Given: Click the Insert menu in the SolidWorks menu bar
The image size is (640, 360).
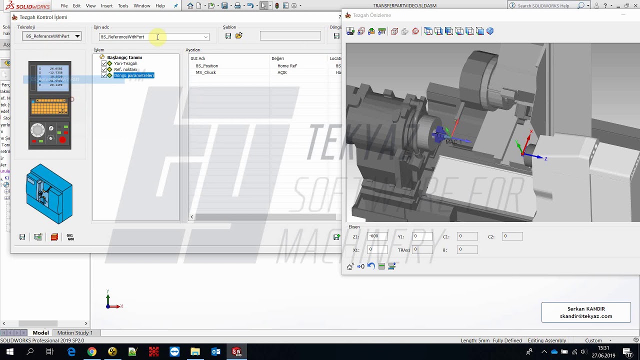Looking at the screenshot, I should (x=106, y=6).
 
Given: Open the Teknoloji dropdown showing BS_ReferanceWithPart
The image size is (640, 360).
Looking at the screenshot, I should (x=51, y=36).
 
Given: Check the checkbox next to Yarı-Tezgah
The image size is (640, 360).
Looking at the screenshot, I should (x=104, y=63).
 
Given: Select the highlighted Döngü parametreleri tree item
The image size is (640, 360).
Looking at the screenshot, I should (x=133, y=75).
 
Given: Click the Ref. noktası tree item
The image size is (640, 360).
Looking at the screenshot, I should (x=125, y=69).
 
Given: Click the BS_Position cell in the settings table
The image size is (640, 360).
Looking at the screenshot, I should (x=207, y=66).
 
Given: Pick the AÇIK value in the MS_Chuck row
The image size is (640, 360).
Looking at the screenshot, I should (x=282, y=72).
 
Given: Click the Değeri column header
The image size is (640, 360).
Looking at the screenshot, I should (x=278, y=58).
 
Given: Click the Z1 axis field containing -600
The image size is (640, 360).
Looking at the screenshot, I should (x=377, y=236).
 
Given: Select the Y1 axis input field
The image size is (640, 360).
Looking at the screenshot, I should (x=422, y=236).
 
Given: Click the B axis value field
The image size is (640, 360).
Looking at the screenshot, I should (x=467, y=249).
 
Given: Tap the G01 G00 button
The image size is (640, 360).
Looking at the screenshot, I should (x=70, y=237).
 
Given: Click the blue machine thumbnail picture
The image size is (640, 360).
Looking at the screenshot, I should (x=49, y=194).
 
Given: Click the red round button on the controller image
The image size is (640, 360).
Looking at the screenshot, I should (x=62, y=140).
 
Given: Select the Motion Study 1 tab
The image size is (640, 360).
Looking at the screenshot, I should (x=75, y=333).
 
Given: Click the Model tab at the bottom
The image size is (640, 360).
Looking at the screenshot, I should (x=40, y=333).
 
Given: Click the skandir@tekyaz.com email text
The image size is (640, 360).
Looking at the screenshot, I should (x=586, y=316).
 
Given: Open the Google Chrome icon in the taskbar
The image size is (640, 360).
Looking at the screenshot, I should (x=91, y=352).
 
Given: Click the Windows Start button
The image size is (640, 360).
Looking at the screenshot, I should (x=9, y=352).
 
